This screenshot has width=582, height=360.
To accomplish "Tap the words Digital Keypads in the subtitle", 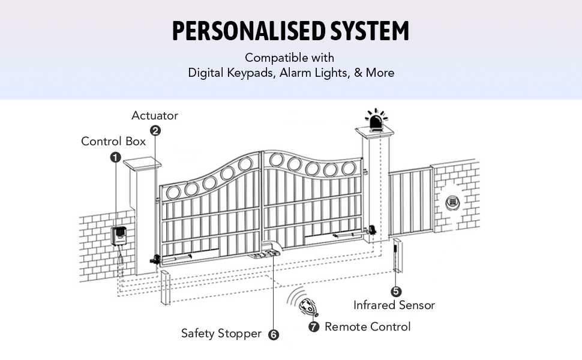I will (232, 73).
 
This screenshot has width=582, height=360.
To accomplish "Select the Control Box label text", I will (113, 142).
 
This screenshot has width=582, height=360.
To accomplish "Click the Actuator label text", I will (155, 116).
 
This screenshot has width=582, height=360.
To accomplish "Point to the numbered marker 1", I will (115, 157).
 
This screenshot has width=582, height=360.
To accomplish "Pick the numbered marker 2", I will (155, 130).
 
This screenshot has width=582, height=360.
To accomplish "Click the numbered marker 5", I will (396, 292).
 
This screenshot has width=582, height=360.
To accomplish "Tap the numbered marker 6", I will (274, 335).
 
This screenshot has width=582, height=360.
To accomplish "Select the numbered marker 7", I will (313, 326).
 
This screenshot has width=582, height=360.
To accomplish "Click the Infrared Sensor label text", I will (394, 305).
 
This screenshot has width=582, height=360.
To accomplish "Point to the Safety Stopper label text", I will (221, 334).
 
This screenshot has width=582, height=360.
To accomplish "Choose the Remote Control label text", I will (367, 327).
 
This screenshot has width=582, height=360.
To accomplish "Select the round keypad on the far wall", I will (453, 202).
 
